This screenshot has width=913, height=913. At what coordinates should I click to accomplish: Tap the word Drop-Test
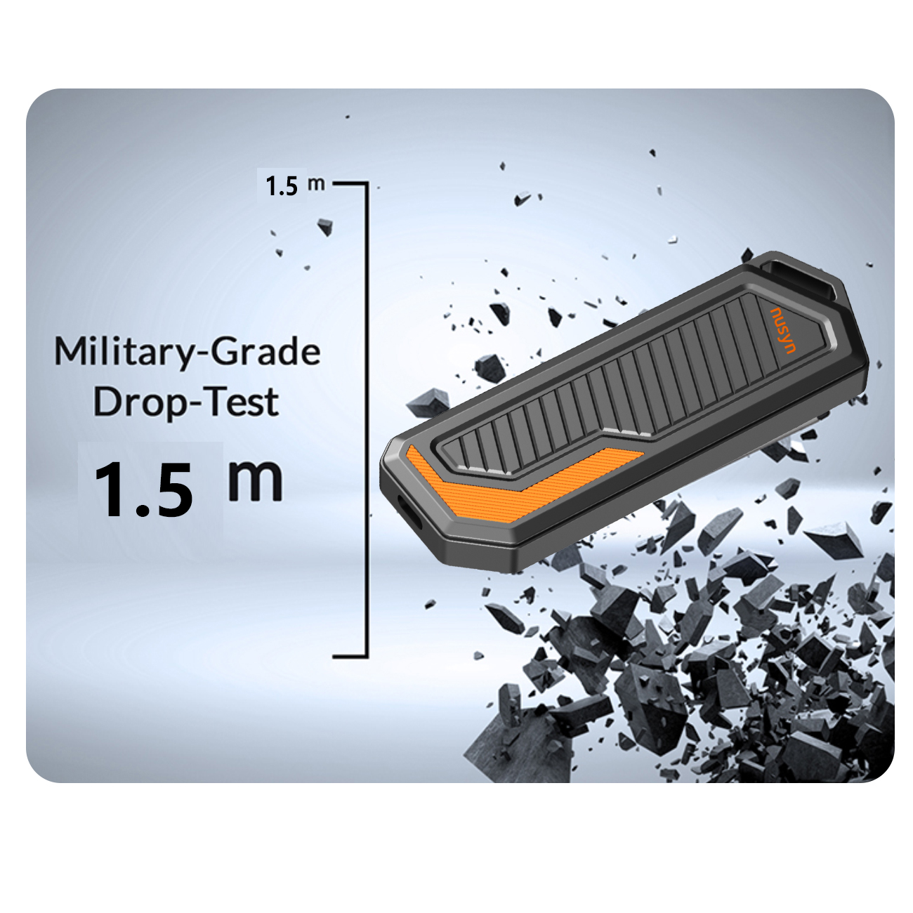coord(185,403)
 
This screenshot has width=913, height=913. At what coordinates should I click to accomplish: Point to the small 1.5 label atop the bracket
coord(282,185)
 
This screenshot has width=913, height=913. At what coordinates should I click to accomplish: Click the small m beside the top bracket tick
coord(316,184)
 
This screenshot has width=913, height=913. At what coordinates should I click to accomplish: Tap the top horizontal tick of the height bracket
coord(350,183)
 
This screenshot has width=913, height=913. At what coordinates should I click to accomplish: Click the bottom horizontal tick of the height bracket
coord(350,657)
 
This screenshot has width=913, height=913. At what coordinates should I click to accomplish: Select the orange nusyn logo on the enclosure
coord(783,330)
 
